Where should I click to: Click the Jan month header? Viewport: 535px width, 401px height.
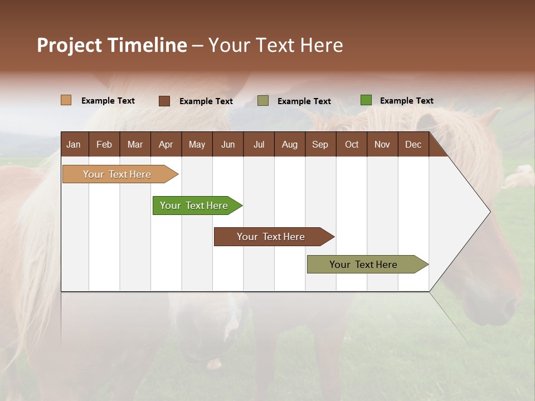74,145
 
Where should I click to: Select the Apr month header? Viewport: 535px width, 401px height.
166,145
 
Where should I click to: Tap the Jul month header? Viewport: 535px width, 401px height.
259,145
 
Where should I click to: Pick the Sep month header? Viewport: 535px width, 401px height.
320,145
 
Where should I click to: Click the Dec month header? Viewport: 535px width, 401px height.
413,145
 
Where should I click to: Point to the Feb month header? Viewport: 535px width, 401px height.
104,145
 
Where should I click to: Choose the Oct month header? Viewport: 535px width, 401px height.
352,145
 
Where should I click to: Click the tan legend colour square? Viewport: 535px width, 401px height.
66,100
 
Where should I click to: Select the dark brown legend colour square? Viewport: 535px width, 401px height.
164,101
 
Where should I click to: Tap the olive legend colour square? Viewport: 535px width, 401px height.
263,101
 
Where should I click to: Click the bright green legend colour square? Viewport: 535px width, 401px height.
366,100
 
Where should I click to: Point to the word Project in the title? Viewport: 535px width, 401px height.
69,45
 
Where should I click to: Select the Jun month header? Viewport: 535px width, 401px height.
228,145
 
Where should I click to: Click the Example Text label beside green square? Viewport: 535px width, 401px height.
406,101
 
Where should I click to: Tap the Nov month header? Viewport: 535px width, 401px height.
382,145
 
